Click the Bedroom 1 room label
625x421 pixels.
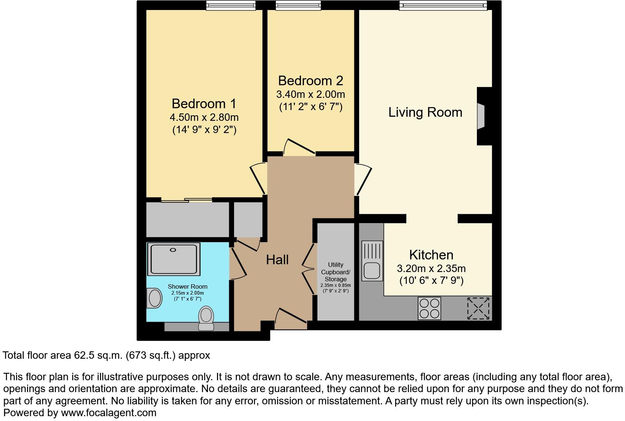204,103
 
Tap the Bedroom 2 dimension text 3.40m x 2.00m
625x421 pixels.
310,94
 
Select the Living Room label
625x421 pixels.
425,112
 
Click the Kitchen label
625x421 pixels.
431,255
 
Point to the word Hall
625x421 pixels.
277,260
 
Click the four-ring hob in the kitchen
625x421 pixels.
429,308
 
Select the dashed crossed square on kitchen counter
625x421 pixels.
478,308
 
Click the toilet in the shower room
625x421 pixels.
206,318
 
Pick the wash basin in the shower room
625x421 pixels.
154,298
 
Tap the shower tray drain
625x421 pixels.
173,250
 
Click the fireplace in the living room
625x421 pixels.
481,116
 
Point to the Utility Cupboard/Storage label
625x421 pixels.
335,272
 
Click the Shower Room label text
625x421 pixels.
187,286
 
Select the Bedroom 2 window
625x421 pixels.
298,5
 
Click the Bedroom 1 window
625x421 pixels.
231,5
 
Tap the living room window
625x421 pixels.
443,5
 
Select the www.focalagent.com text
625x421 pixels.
108,412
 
